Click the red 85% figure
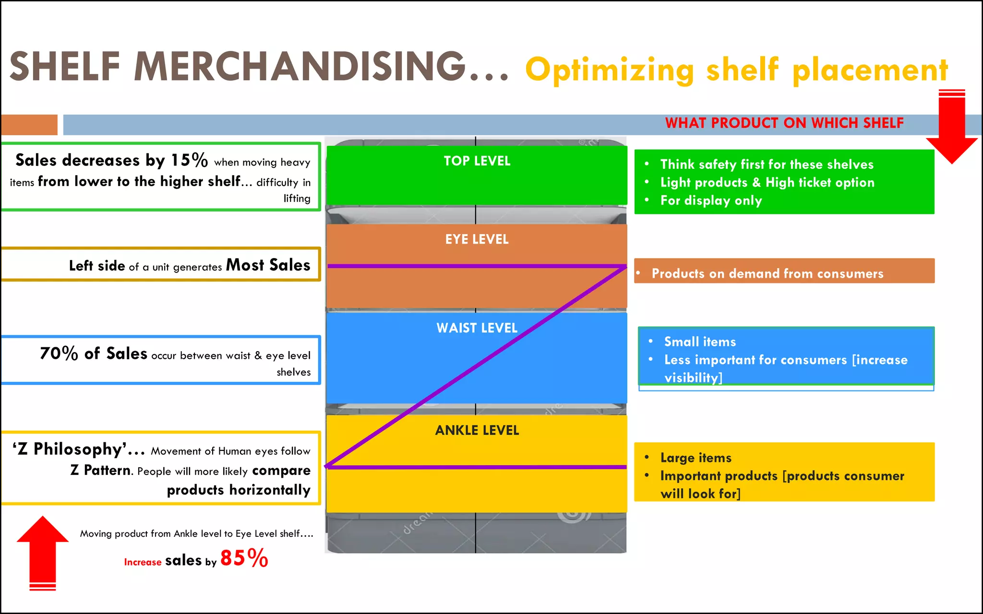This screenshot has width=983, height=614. click(x=244, y=558)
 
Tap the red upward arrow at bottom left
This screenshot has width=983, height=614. click(x=43, y=552)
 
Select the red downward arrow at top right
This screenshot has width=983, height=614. click(x=952, y=130)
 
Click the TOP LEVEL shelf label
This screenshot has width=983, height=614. click(x=477, y=161)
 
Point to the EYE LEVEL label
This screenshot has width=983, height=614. click(x=477, y=239)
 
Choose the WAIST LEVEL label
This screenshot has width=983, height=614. click(x=477, y=328)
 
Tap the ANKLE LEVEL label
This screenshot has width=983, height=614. click(x=477, y=430)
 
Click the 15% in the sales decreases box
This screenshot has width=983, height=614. click(x=190, y=160)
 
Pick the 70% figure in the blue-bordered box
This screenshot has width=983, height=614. click(x=59, y=354)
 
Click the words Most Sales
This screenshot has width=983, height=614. click(x=268, y=265)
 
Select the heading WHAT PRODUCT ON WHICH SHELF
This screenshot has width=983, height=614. click(x=784, y=123)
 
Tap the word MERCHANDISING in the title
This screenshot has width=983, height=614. click(x=300, y=67)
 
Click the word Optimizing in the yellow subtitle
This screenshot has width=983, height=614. click(x=610, y=70)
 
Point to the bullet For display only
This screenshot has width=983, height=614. click(x=711, y=201)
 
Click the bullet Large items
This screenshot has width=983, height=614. click(x=695, y=458)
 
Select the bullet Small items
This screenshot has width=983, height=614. click(x=700, y=342)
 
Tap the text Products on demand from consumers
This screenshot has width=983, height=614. click(x=767, y=273)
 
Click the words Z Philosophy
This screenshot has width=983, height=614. click(x=72, y=449)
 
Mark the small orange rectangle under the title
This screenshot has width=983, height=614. click(x=29, y=125)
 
